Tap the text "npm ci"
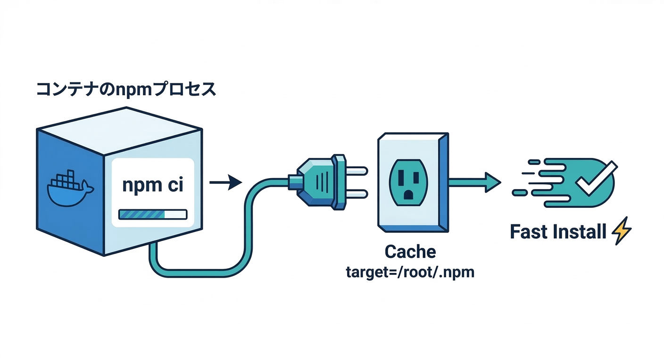click(153, 185)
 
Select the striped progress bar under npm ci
click(153, 214)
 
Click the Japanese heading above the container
click(126, 89)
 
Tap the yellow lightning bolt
click(621, 231)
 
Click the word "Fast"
click(528, 232)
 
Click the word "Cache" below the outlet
click(410, 251)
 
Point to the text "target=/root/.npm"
click(410, 272)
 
